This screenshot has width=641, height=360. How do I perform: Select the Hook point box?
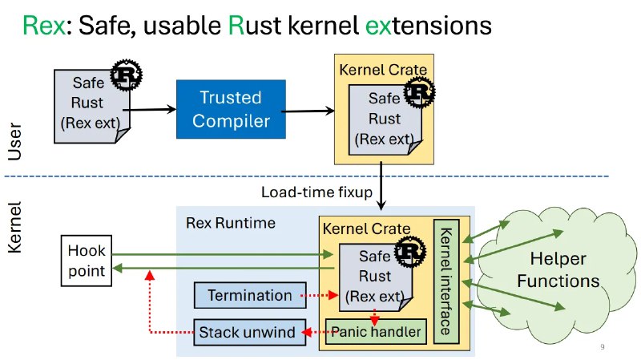click(86, 260)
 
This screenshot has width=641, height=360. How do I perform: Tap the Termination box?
click(250, 296)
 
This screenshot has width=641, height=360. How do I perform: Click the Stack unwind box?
click(250, 331)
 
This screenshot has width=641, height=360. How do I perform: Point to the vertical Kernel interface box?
click(446, 281)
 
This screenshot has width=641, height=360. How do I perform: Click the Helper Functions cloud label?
click(558, 269)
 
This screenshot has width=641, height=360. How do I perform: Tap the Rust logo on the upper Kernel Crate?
click(417, 95)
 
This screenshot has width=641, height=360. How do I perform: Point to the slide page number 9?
click(602, 347)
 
